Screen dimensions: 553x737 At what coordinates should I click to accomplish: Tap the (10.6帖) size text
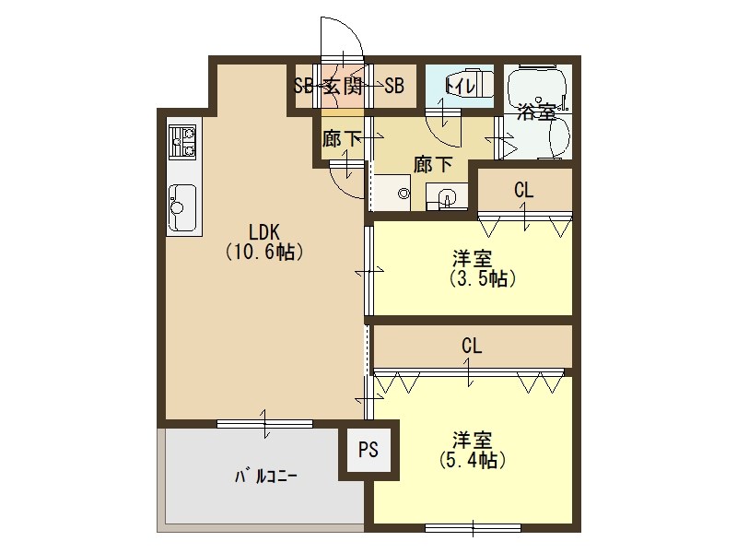264,251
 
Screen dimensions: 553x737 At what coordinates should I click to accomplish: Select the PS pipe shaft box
368,451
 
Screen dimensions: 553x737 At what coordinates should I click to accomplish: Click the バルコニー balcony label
265,477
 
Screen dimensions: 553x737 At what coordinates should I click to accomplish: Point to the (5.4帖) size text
471,461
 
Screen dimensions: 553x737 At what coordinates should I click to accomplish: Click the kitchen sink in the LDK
182,205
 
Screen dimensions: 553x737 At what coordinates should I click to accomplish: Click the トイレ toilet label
460,86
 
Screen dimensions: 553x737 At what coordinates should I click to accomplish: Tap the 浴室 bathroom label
535,112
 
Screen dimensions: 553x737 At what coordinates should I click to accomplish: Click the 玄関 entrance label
342,87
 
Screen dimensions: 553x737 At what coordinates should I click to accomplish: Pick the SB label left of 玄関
303,87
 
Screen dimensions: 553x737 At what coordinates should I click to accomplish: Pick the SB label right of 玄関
394,87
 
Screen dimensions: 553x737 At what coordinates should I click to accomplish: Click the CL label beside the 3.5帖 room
523,191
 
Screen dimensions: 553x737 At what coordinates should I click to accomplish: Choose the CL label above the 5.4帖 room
472,347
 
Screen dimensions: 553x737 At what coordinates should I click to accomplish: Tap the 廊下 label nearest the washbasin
433,165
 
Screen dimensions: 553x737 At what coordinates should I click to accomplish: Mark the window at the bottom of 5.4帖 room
473,528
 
